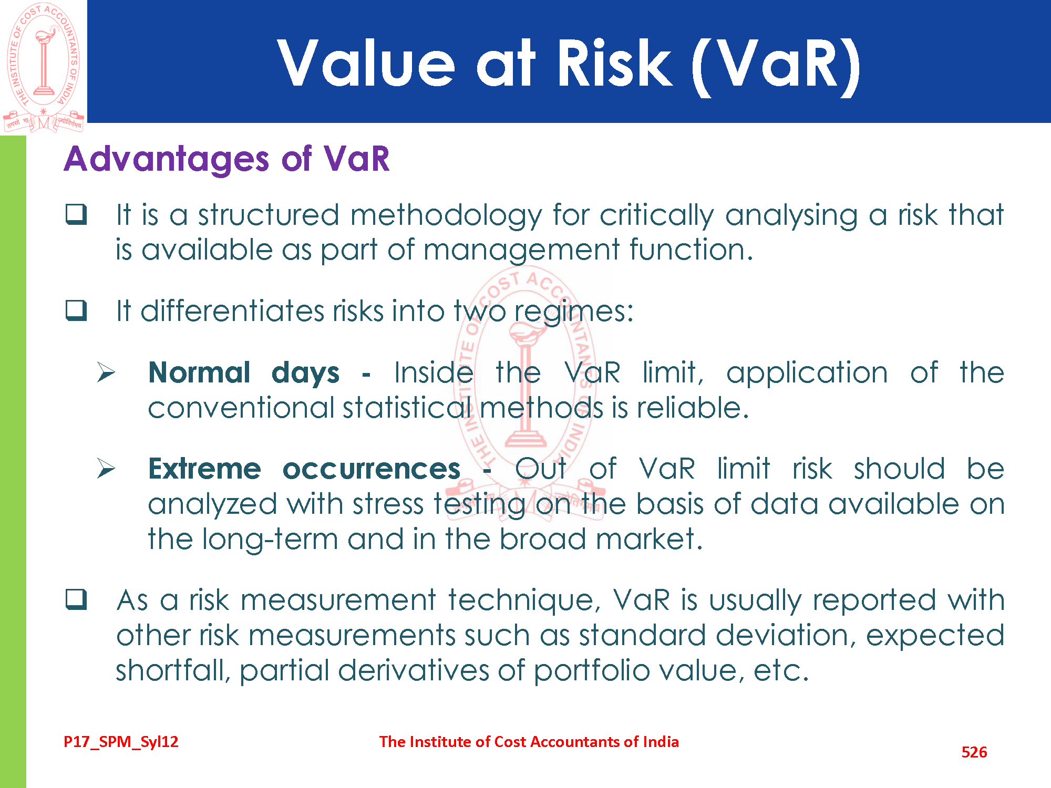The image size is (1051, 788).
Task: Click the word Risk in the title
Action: click(614, 64)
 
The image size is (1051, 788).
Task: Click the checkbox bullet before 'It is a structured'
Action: click(76, 214)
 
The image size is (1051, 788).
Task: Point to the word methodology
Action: click(446, 216)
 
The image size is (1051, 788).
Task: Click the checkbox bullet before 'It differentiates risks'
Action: click(76, 310)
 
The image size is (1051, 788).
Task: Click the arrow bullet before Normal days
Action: click(106, 372)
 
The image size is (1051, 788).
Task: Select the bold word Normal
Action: click(199, 372)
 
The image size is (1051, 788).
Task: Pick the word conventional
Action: click(241, 408)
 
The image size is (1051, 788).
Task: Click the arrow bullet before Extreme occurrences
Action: click(106, 469)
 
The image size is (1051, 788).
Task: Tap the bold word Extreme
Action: click(204, 469)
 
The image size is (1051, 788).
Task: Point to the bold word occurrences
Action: click(372, 469)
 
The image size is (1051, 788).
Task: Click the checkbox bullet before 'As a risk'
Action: click(76, 599)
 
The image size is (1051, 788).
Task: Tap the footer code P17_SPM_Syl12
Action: click(121, 742)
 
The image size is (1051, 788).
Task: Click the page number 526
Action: click(974, 752)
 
